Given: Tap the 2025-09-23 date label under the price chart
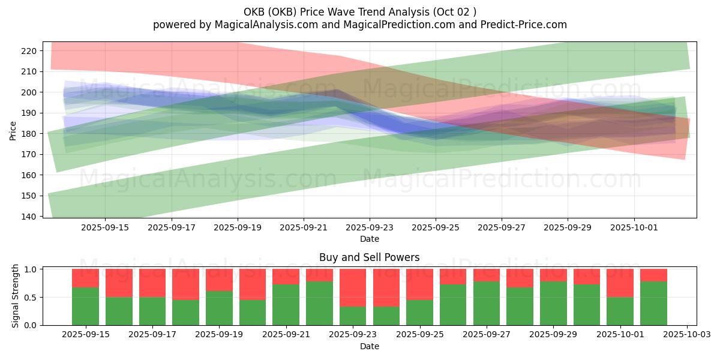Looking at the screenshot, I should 370,227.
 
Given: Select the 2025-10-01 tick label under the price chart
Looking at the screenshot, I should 634,227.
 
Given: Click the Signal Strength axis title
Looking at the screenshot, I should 16,296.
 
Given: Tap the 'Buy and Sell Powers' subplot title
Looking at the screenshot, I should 369,257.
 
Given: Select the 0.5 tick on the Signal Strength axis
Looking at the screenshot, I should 29,297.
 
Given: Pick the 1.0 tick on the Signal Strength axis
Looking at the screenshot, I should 29,269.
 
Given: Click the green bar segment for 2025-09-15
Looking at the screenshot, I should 85,306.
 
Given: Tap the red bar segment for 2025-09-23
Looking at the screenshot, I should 353,287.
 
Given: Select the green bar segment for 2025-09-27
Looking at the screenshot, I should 486,303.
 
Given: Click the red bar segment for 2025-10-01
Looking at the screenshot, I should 620,283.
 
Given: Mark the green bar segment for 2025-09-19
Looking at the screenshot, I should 219,308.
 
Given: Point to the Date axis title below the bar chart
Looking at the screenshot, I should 369,346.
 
